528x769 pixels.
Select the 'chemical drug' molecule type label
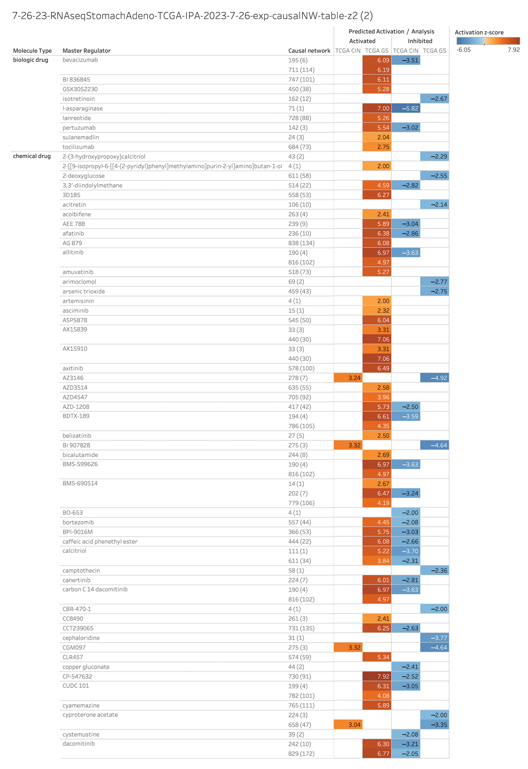(x=32, y=156)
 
